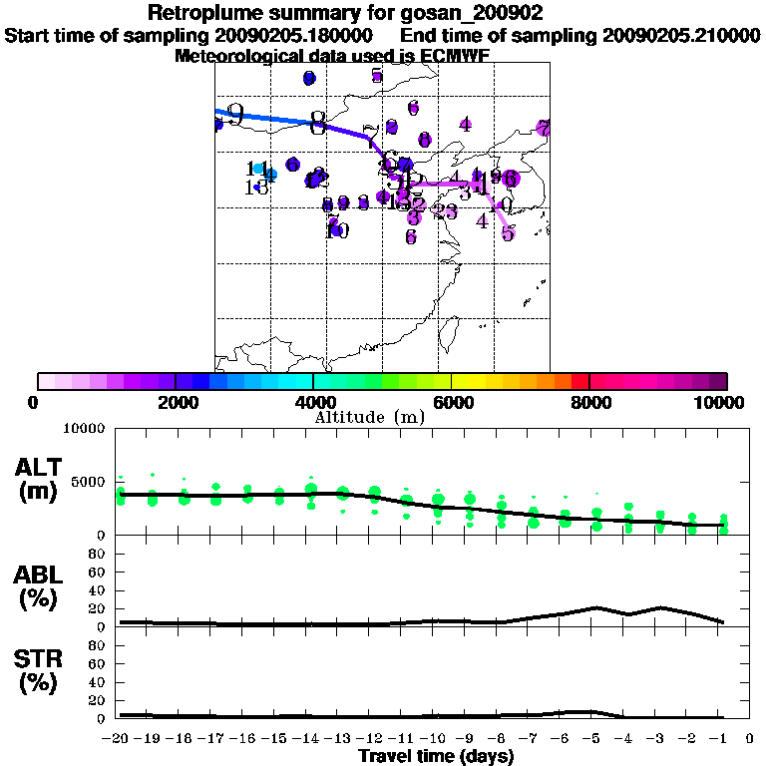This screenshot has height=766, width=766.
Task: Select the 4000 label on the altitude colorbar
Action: point(313,402)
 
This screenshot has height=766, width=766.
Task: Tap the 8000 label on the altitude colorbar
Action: point(589,402)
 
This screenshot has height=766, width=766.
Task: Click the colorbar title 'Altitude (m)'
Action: point(370,417)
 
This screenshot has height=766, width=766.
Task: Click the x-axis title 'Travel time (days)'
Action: point(436,757)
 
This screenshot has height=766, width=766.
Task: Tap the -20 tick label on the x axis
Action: point(116,739)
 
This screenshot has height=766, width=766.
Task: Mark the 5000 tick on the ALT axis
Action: point(91,482)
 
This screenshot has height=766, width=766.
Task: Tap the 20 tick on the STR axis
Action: point(99,700)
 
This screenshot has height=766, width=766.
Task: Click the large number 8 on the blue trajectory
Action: point(318,124)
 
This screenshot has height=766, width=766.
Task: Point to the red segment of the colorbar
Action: point(580,381)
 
